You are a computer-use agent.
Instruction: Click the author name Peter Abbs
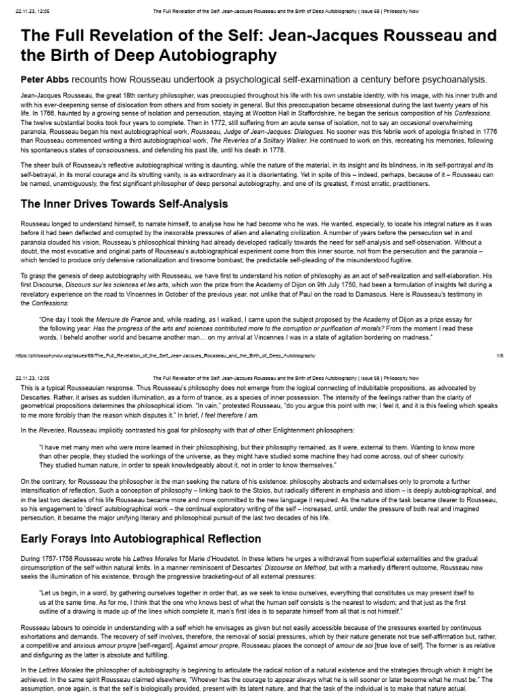point(45,79)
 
